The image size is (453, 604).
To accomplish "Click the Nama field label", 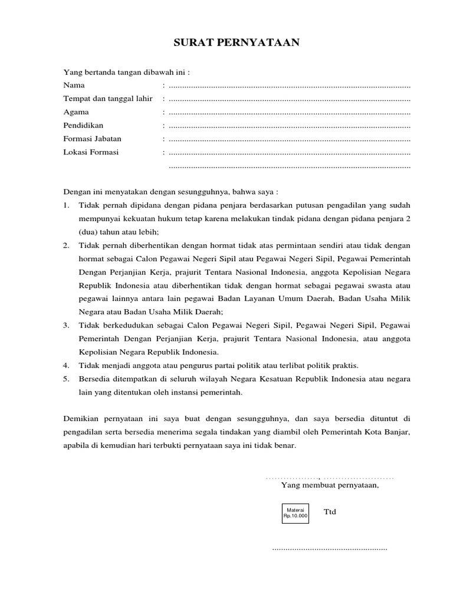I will [74, 86].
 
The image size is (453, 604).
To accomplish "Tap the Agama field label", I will [77, 112].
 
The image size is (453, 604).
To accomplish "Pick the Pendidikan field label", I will [83, 126].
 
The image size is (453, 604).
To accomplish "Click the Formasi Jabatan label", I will [93, 139].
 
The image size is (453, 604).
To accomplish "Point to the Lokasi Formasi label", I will [91, 152].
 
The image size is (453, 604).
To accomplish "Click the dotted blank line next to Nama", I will [289, 87].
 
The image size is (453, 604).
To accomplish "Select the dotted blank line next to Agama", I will [289, 113].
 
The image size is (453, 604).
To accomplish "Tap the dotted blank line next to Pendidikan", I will [289, 127].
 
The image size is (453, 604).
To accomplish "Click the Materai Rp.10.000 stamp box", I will [296, 512].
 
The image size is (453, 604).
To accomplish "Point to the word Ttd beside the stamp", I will [330, 511].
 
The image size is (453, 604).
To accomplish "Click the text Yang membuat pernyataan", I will [330, 485].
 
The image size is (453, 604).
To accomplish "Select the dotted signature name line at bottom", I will [329, 549].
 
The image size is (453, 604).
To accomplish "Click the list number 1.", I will [66, 205].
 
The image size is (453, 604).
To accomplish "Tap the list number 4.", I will [66, 365].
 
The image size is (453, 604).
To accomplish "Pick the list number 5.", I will [66, 379].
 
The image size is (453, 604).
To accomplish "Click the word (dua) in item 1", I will [89, 232].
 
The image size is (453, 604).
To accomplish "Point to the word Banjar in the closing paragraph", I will [398, 432].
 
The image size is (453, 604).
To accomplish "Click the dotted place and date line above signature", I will [330, 476].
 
